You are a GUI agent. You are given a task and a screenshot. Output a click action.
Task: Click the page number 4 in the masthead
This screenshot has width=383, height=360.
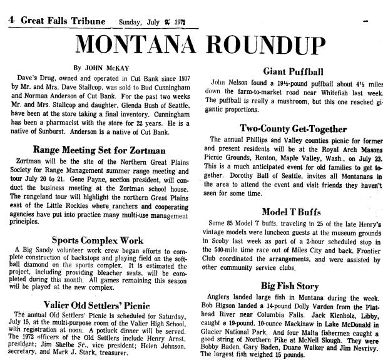11,19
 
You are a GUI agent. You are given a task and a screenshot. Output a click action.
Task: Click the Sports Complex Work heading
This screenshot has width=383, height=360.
97,239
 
